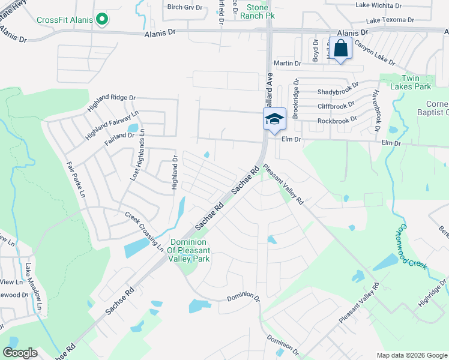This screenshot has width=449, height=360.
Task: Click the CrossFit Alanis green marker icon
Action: point(102,20)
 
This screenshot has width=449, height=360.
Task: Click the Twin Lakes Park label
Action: point(416,83)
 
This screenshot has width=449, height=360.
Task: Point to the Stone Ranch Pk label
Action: point(257,11)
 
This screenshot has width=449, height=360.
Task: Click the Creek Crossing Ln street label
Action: point(144,231)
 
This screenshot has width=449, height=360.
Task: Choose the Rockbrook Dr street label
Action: point(337,120)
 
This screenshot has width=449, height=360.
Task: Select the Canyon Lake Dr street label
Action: point(375,53)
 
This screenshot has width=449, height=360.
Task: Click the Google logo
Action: point(20,353)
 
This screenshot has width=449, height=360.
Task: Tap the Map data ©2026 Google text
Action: point(411,355)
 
